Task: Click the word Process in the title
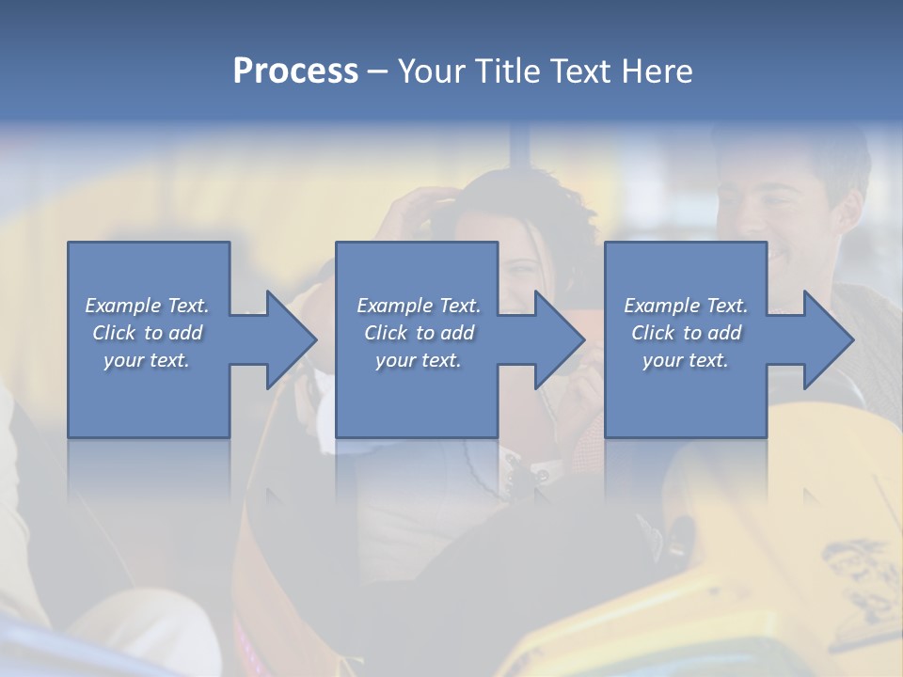coord(295,71)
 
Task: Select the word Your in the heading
coord(433,71)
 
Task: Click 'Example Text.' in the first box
coord(147,306)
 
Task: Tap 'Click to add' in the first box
coord(148,333)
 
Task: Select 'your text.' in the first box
coord(147,360)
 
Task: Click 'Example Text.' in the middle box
coord(419,306)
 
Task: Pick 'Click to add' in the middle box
coord(419,333)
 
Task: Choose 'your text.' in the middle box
coord(419,360)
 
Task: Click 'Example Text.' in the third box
coord(686,306)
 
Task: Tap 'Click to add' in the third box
coord(686,333)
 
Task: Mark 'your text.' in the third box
coord(686,360)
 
